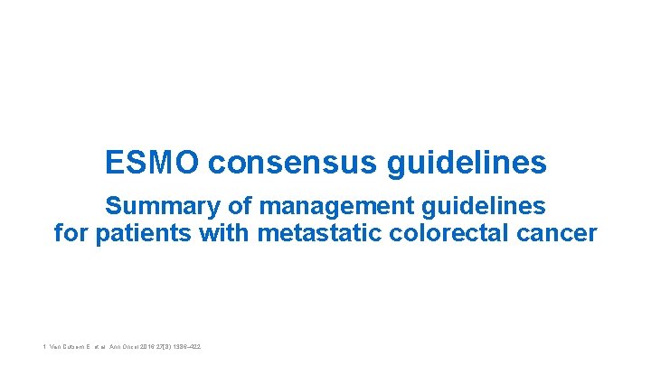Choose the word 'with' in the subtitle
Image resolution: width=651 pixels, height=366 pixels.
coord(223,233)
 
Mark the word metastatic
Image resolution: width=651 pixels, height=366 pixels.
coord(320,233)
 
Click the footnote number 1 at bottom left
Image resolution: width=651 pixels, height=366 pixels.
coord(43,346)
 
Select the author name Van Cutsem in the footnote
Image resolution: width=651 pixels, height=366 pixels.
coord(73,346)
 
